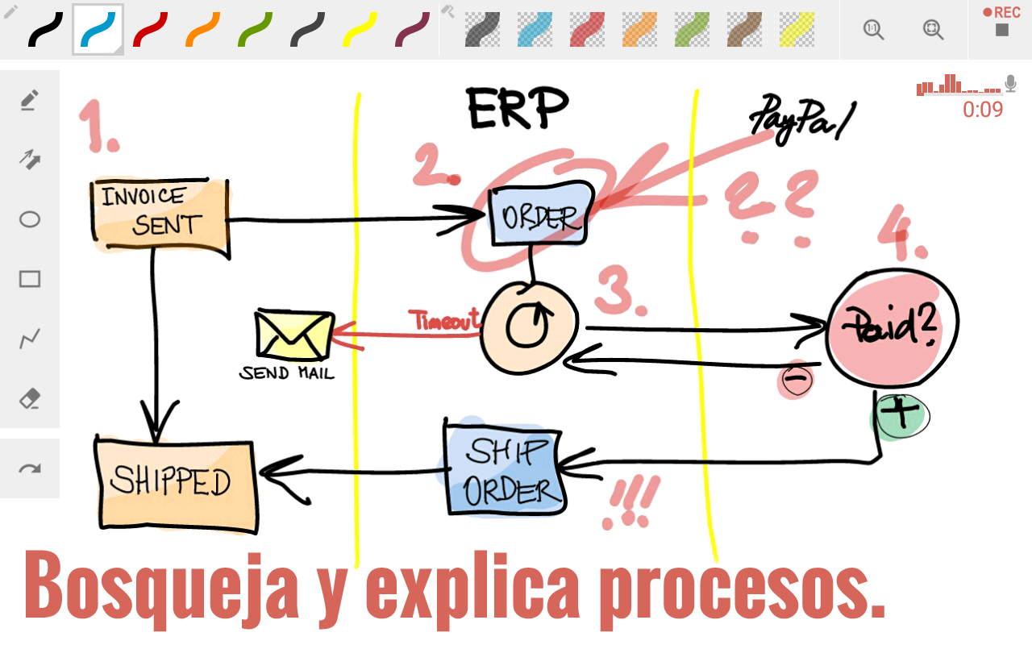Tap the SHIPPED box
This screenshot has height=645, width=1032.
(175, 483)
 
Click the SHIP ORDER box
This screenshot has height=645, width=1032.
(504, 469)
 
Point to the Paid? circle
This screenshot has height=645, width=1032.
(892, 327)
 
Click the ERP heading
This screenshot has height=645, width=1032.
(518, 108)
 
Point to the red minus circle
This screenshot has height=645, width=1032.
(795, 379)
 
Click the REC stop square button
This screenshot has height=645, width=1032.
(1002, 31)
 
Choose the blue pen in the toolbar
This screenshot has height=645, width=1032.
(98, 30)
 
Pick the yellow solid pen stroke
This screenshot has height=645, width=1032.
(360, 30)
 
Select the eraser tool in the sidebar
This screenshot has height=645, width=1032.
(30, 399)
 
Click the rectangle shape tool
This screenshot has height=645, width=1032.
(30, 279)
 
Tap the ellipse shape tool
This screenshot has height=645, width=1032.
(30, 219)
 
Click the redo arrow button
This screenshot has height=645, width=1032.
(30, 469)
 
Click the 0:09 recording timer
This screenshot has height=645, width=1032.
(982, 110)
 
